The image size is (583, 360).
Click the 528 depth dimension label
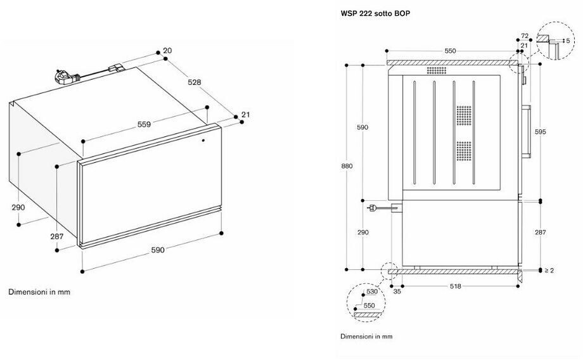point(194,82)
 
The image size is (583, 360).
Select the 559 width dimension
point(144,124)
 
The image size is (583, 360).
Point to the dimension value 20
point(167,51)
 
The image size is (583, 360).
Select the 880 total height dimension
point(347,166)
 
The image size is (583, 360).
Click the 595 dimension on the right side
point(540,132)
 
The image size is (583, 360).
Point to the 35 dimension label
point(397,292)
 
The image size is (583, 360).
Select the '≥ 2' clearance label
point(549,271)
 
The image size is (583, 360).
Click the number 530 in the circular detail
point(371,292)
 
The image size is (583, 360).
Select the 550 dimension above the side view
point(450,51)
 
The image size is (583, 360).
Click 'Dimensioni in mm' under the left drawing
point(39,292)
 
